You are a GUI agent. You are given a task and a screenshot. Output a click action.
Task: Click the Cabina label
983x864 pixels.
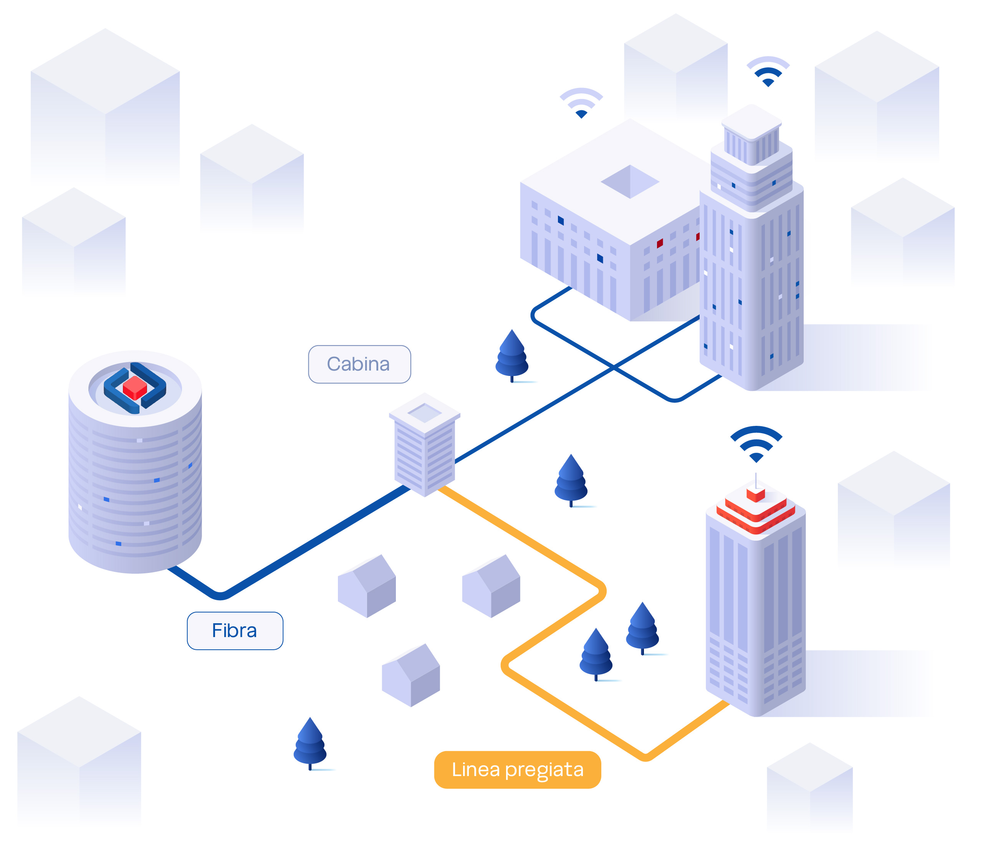tap(359, 364)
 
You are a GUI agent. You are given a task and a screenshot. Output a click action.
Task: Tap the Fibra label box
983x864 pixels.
tap(235, 631)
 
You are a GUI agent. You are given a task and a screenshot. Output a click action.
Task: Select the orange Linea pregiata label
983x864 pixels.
tap(518, 770)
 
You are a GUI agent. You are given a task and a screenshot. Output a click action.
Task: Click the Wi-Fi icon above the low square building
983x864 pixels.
tap(581, 103)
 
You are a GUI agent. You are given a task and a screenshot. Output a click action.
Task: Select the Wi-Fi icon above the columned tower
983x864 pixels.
tap(768, 71)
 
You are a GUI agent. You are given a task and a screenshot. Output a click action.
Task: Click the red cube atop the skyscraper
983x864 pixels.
tap(756, 494)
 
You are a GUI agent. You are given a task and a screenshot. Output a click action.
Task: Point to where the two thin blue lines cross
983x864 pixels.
tap(614, 367)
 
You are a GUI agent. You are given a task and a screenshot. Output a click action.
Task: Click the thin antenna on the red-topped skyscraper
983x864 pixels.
tap(756, 480)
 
